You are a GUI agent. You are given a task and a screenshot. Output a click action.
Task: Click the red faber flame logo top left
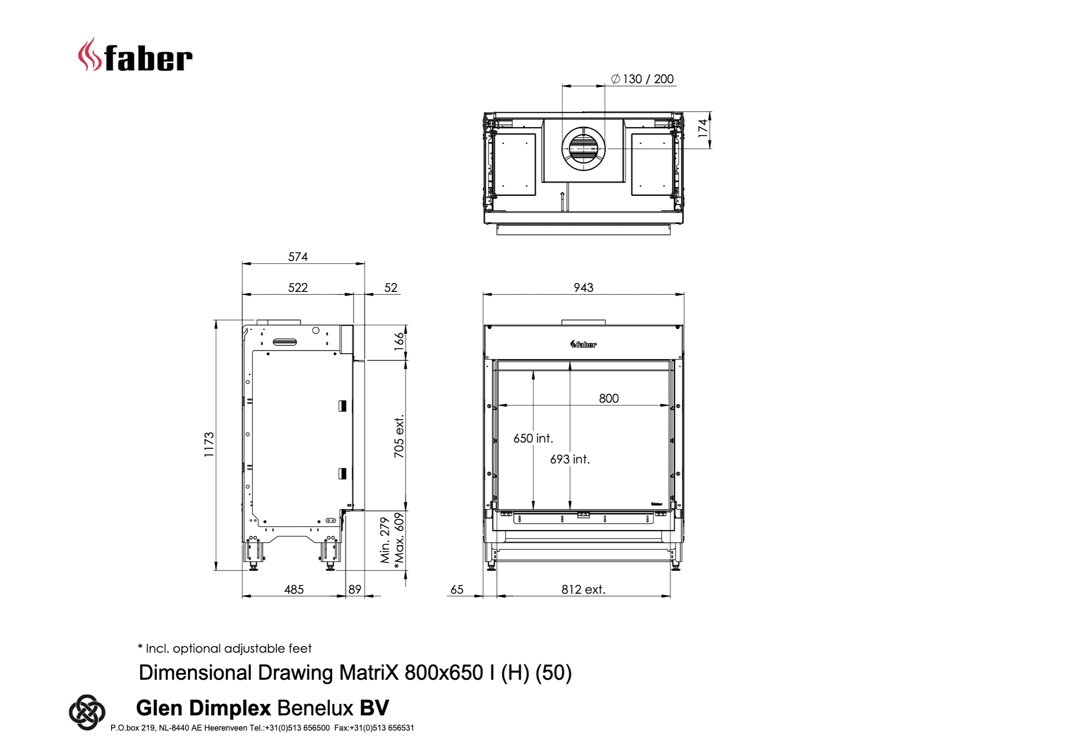point(89,55)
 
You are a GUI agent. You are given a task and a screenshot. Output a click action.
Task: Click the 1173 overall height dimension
point(209,444)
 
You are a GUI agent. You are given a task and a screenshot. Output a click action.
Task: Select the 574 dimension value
point(298,257)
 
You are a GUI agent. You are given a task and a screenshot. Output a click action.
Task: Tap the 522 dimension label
point(298,288)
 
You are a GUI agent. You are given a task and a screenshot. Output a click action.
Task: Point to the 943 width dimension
point(583,288)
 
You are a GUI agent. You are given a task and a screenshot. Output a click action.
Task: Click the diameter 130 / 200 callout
point(642,79)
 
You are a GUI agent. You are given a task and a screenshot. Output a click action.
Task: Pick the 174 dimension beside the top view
point(703,128)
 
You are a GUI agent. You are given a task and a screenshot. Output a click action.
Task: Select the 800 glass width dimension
point(609,398)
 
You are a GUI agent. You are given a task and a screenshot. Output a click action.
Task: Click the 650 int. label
point(533,438)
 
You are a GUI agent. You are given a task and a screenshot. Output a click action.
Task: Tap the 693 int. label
point(570,459)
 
